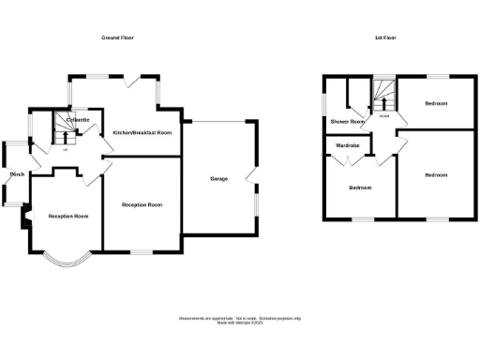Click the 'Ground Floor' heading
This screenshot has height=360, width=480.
pyautogui.click(x=119, y=37)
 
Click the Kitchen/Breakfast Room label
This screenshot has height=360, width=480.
pyautogui.click(x=142, y=133)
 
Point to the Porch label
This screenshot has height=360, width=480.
pyautogui.click(x=17, y=174)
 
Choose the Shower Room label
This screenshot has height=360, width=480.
pyautogui.click(x=347, y=122)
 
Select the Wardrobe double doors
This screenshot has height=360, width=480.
pyautogui.click(x=350, y=160)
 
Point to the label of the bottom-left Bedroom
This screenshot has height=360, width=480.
pyautogui.click(x=361, y=187)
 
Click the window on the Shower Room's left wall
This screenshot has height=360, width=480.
pyautogui.click(x=323, y=101)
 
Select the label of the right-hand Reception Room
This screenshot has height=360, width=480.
pyautogui.click(x=142, y=204)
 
